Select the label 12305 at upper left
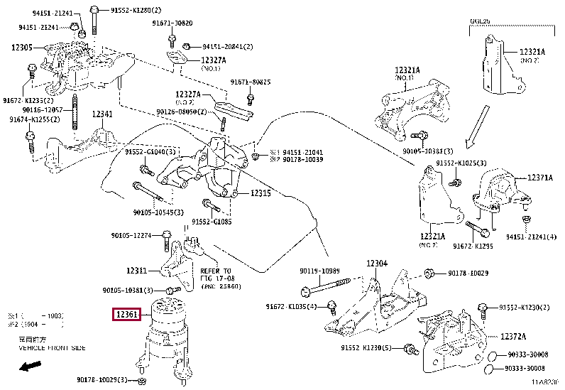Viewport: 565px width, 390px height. tap(22, 47)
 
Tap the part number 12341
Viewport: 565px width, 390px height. tap(102, 114)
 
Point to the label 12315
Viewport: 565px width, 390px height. tap(260, 193)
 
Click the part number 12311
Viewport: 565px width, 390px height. tap(137, 271)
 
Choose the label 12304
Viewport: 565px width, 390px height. tap(377, 264)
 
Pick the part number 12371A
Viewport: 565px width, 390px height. tap(540, 178)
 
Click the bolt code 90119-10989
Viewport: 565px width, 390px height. tap(319, 271)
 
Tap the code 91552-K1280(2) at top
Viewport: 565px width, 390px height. tap(136, 10)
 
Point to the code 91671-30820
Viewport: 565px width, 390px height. tap(172, 23)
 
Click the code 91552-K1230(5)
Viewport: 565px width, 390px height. tap(366, 347)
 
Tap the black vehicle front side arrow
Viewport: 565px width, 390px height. tap(29, 367)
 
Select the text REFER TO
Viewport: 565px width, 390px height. tap(215, 271)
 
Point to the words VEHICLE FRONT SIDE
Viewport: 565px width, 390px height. tap(52, 348)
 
